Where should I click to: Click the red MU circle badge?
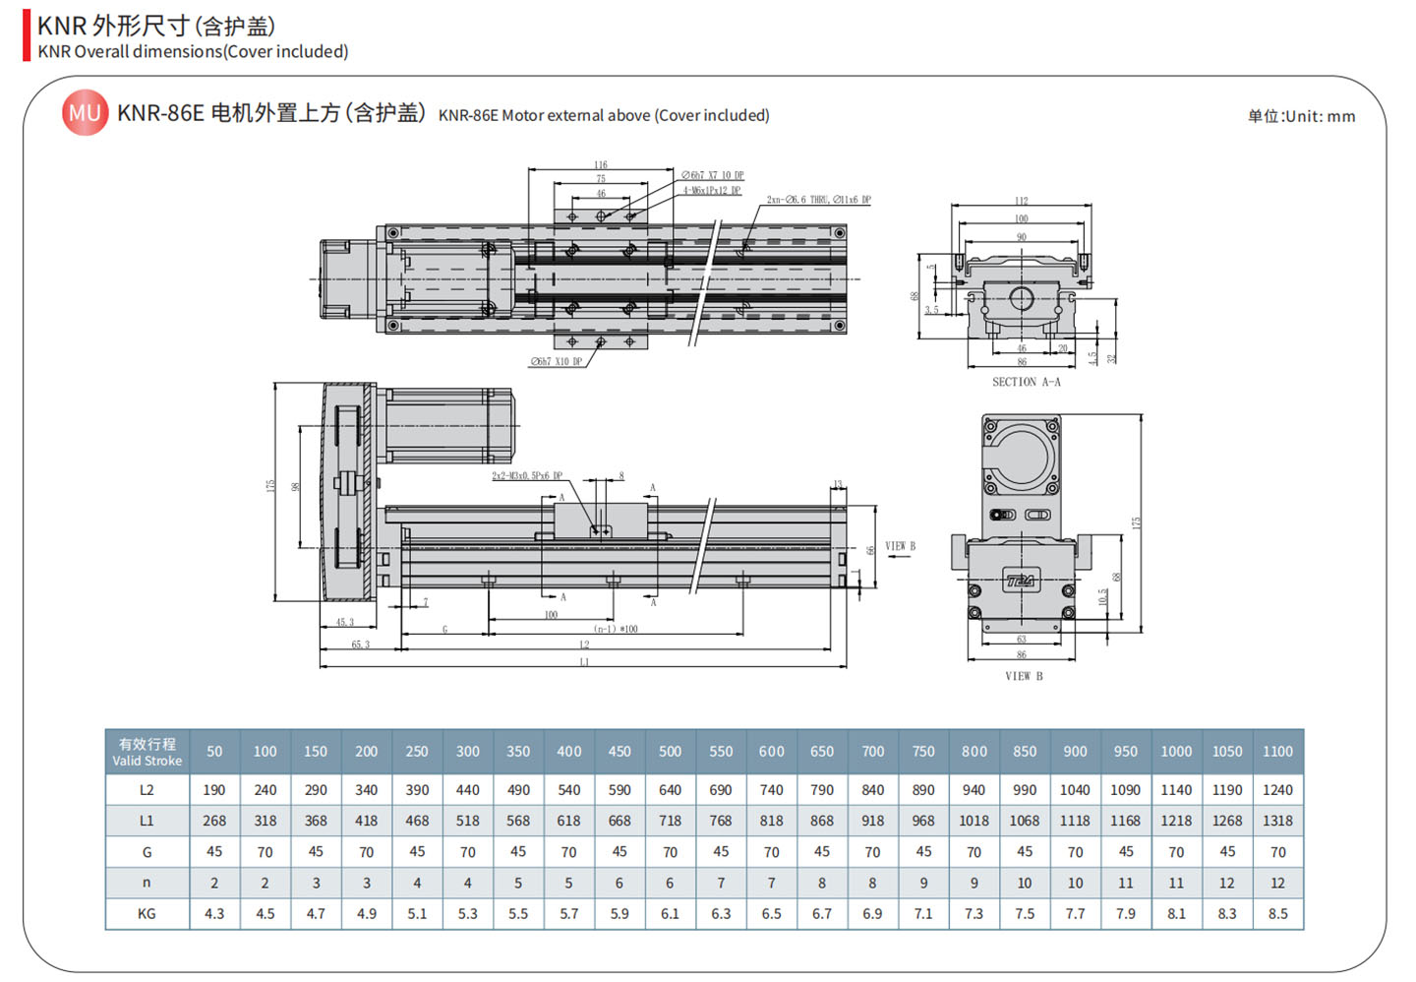tap(85, 113)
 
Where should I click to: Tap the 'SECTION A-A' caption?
tap(1026, 382)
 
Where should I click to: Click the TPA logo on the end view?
tap(1020, 581)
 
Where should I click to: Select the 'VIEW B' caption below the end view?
tap(1024, 676)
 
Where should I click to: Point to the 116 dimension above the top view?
tap(600, 164)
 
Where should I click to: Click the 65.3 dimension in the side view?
tap(361, 644)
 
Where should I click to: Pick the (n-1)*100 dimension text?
tap(616, 629)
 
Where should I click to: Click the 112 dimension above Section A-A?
tap(1021, 201)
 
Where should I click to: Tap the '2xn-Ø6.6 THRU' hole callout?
tap(818, 200)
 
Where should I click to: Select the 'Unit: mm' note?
tap(1301, 116)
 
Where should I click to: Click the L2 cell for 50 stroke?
tap(214, 789)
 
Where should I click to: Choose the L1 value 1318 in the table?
tap(1277, 821)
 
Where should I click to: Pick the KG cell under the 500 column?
tap(670, 913)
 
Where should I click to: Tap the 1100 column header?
tap(1277, 752)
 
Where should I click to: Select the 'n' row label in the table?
tap(147, 883)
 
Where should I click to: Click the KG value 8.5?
tap(1277, 913)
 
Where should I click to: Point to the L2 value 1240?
tap(1277, 789)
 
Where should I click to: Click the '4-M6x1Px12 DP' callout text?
tap(712, 190)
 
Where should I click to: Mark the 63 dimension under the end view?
tap(1021, 640)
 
